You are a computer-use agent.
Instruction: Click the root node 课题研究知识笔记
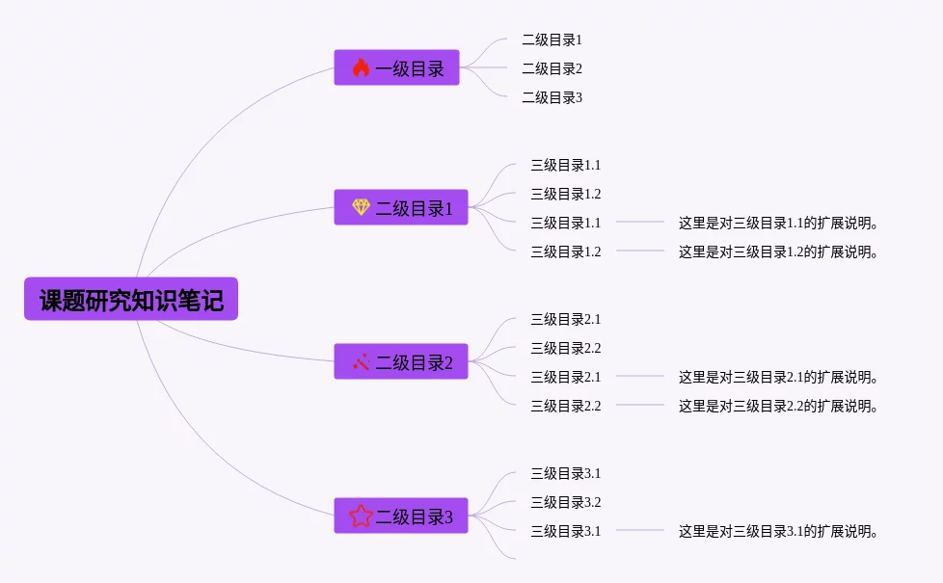131,300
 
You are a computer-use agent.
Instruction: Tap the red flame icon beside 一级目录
361,67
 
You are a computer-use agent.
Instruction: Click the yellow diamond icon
361,207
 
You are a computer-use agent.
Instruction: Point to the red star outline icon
361,517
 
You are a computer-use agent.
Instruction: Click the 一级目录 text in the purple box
410,68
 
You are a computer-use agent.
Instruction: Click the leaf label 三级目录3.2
565,502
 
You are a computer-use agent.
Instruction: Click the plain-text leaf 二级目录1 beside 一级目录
552,40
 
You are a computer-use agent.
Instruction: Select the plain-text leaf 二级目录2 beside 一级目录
552,68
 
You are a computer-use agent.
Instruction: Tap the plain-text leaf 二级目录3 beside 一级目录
552,97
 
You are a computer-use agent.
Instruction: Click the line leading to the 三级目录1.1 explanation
640,222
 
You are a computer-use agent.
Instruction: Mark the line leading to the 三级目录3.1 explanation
640,530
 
